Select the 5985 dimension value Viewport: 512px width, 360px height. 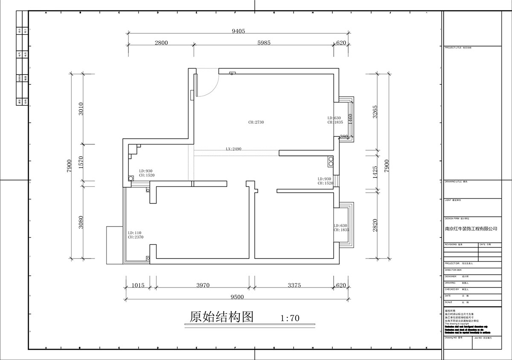[x=262, y=43]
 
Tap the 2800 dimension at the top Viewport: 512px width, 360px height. [x=161, y=43]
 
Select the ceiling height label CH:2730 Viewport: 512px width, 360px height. [x=256, y=122]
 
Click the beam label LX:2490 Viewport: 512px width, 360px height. [x=234, y=149]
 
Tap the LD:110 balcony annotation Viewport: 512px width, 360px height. [x=134, y=233]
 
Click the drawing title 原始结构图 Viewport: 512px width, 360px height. [x=221, y=317]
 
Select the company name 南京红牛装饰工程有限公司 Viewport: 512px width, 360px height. [x=471, y=229]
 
